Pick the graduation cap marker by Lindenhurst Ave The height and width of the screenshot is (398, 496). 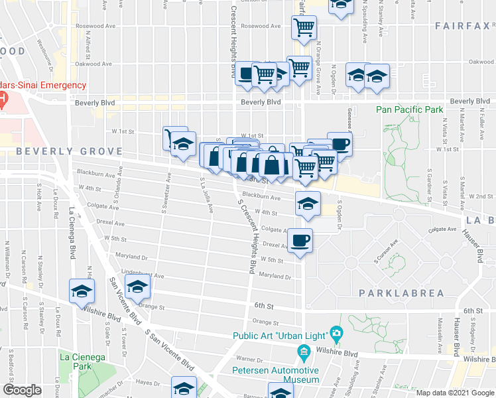click(x=138, y=287)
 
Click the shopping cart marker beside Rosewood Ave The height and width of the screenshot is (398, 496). click(x=304, y=28)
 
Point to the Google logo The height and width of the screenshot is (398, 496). click(x=23, y=390)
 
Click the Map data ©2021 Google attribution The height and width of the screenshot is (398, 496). click(x=454, y=393)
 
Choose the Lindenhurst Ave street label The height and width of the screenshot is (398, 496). click(x=142, y=275)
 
